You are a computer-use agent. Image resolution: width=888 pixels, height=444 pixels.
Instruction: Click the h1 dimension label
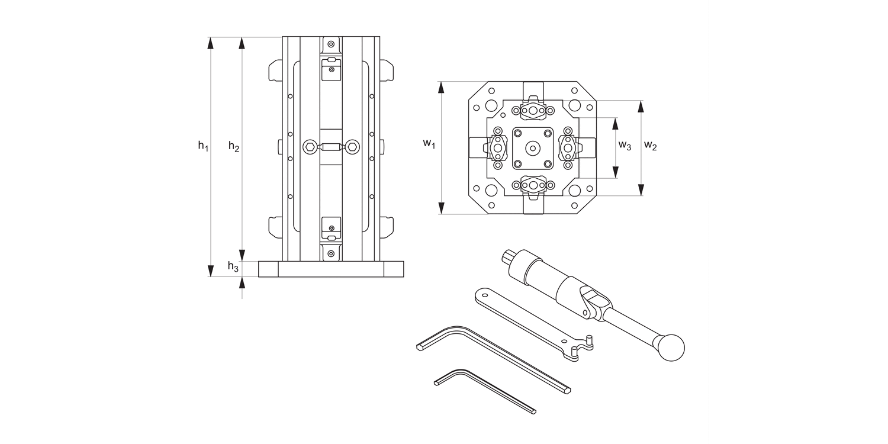[203, 146]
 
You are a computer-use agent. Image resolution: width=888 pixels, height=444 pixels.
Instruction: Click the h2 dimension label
[234, 147]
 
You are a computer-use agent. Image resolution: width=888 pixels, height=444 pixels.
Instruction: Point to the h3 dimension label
[234, 268]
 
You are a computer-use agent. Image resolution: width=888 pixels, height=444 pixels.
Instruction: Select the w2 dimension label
[650, 146]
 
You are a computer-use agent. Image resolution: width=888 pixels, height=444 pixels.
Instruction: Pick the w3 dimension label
[625, 146]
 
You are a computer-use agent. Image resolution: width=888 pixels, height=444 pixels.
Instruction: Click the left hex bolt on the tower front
[309, 146]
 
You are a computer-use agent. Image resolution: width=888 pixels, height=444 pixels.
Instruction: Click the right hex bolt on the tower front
[352, 146]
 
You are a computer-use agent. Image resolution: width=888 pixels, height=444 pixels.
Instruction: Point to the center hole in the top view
[533, 147]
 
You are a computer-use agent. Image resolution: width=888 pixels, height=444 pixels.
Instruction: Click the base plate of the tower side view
[331, 269]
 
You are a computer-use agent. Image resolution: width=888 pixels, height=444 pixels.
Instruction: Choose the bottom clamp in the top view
[534, 185]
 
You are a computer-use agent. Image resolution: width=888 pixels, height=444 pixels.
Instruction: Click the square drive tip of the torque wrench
[507, 256]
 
